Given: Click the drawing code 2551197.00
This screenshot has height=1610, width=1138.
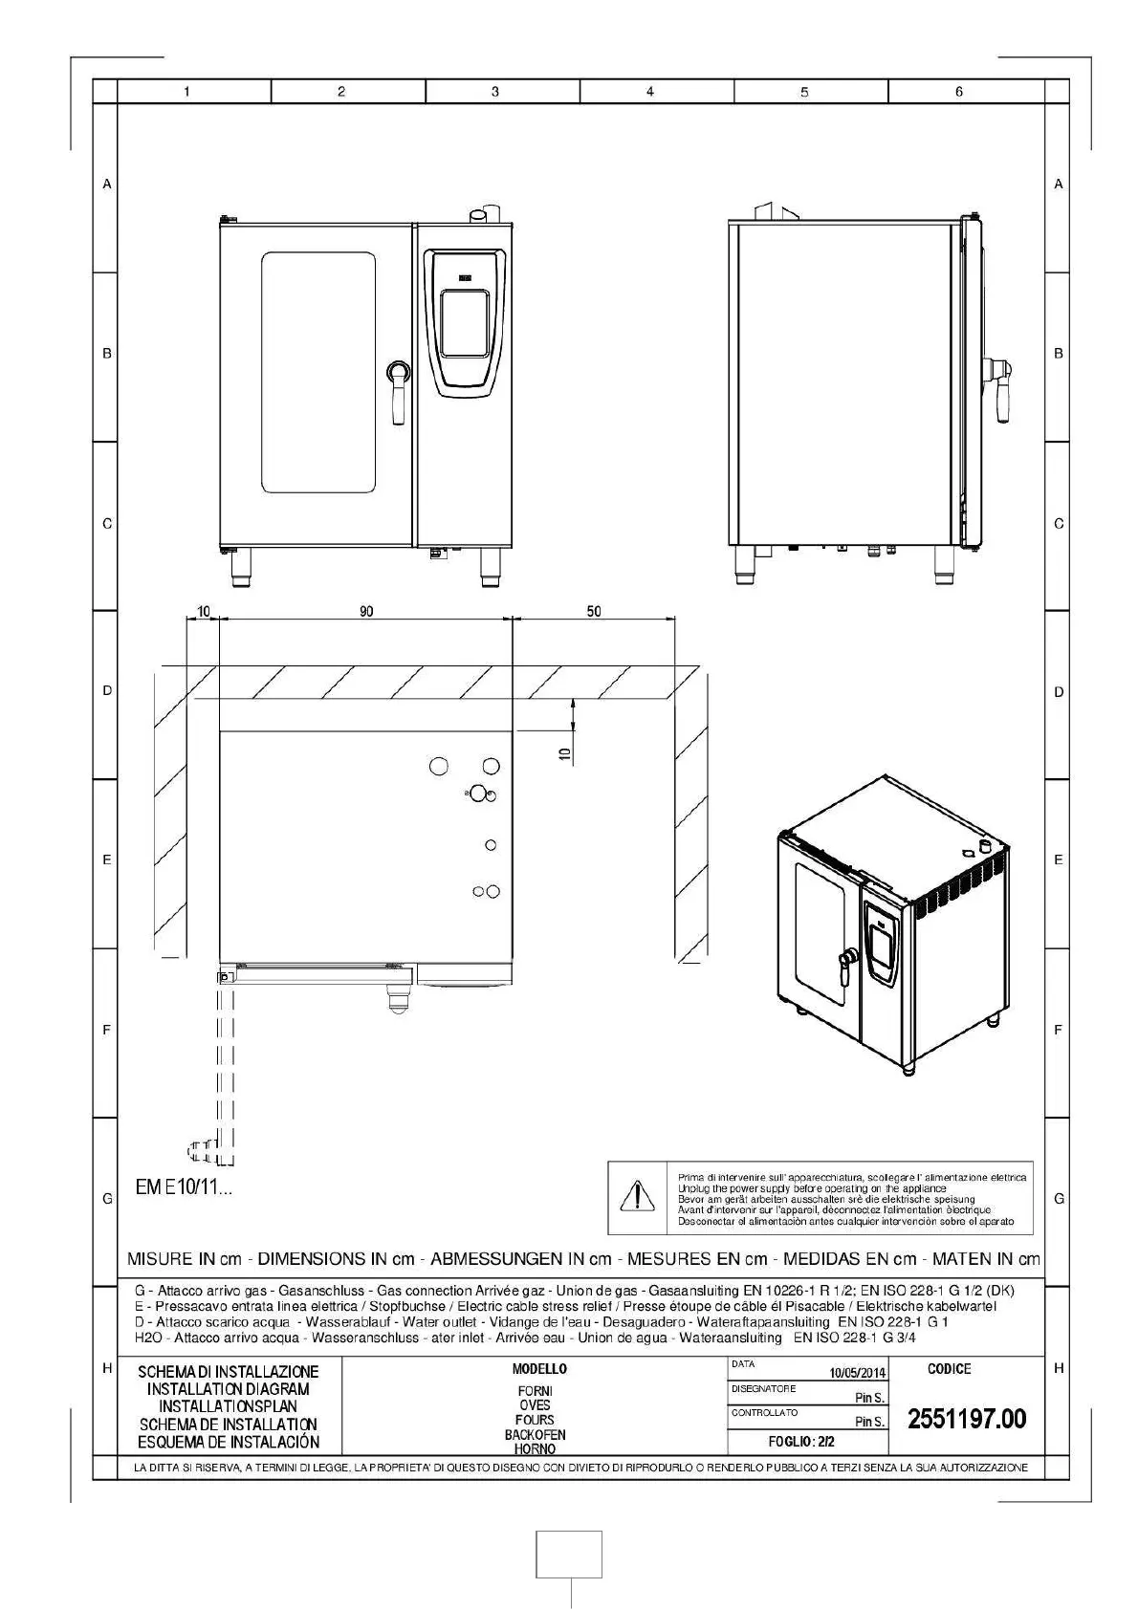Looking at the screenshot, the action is tap(966, 1419).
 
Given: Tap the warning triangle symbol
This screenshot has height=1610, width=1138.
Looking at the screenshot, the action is tap(636, 1196).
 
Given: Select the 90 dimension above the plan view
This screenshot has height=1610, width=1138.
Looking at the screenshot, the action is tap(366, 612).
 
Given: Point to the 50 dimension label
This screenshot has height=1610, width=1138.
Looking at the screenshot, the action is tap(594, 612).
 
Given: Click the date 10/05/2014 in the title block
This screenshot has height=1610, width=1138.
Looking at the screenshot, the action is tap(857, 1373).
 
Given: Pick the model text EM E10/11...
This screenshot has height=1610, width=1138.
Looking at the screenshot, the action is tap(184, 1188).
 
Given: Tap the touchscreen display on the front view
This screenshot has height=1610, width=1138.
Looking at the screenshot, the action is tap(464, 321).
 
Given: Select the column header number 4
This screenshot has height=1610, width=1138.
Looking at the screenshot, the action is tap(650, 92).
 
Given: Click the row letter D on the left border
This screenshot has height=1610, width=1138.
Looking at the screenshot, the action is tap(107, 691).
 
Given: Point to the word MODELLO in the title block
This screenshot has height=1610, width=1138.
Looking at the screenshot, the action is tap(539, 1369).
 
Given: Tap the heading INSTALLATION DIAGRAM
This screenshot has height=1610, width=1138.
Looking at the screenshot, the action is tap(229, 1389).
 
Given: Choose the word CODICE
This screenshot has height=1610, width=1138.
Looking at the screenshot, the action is tap(949, 1369).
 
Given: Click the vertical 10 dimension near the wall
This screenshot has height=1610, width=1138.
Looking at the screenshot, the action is tap(564, 754).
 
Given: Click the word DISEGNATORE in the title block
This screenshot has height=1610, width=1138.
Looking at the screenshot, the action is tap(763, 1388).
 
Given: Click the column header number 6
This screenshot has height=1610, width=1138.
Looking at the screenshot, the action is tap(959, 92).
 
